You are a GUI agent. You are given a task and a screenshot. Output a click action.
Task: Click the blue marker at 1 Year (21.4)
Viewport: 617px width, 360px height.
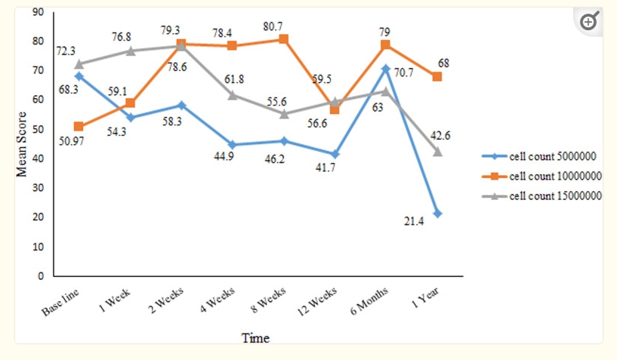[x=437, y=214]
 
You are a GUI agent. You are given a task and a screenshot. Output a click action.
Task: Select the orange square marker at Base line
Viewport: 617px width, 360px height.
[x=79, y=127]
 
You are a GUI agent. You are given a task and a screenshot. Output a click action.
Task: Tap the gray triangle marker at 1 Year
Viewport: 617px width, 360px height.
[x=437, y=152]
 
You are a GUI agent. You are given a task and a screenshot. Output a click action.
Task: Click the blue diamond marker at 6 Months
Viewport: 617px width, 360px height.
[x=385, y=69]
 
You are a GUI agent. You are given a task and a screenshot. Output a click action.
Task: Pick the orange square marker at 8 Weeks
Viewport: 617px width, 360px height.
[x=283, y=38]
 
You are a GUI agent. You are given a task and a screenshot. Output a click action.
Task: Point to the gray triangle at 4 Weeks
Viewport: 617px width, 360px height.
[x=232, y=95]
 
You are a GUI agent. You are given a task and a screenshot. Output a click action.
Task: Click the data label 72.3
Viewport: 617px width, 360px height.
[x=65, y=51]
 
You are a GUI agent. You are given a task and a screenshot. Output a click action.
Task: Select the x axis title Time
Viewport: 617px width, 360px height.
[x=255, y=338]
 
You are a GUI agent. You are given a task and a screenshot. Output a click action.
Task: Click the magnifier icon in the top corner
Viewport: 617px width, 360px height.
[x=588, y=22]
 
